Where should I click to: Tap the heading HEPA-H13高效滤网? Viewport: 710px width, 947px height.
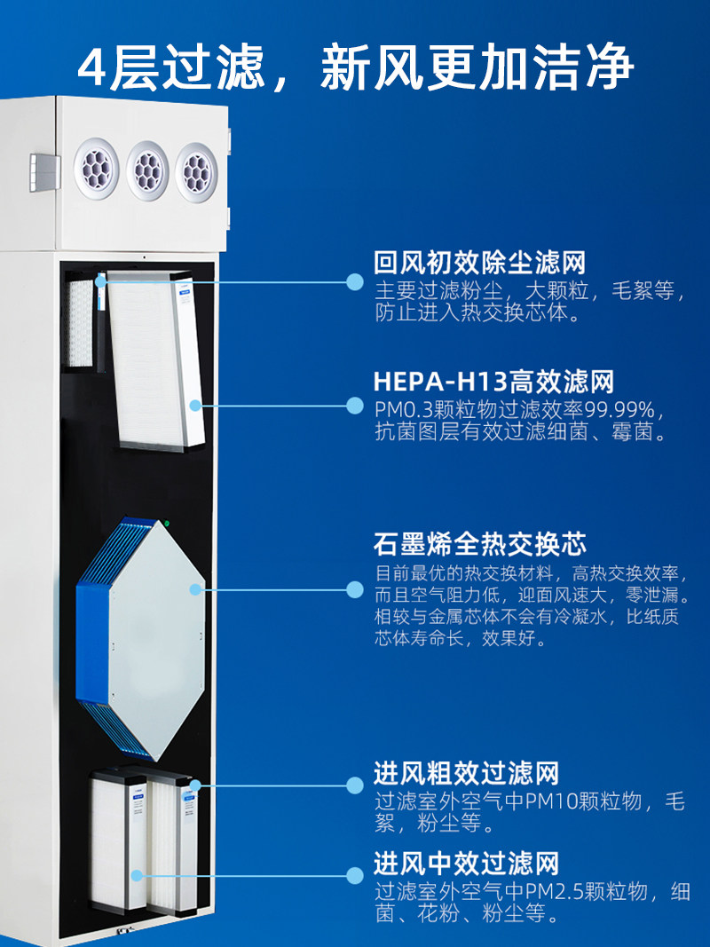(x=493, y=383)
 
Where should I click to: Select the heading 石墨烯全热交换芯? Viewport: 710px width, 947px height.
(x=479, y=543)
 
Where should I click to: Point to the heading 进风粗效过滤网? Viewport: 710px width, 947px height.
(x=466, y=773)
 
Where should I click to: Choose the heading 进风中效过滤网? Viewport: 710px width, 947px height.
(x=466, y=863)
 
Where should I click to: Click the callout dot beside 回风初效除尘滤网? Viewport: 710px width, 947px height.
(x=355, y=282)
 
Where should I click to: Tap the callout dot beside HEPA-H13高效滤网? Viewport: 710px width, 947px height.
(x=355, y=405)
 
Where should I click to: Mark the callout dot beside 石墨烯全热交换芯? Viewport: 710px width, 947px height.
(x=355, y=589)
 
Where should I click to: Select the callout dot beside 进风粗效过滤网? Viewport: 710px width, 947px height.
(x=355, y=785)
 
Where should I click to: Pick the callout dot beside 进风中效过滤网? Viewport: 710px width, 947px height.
(x=355, y=875)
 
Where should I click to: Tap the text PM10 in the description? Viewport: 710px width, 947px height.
(x=552, y=801)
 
